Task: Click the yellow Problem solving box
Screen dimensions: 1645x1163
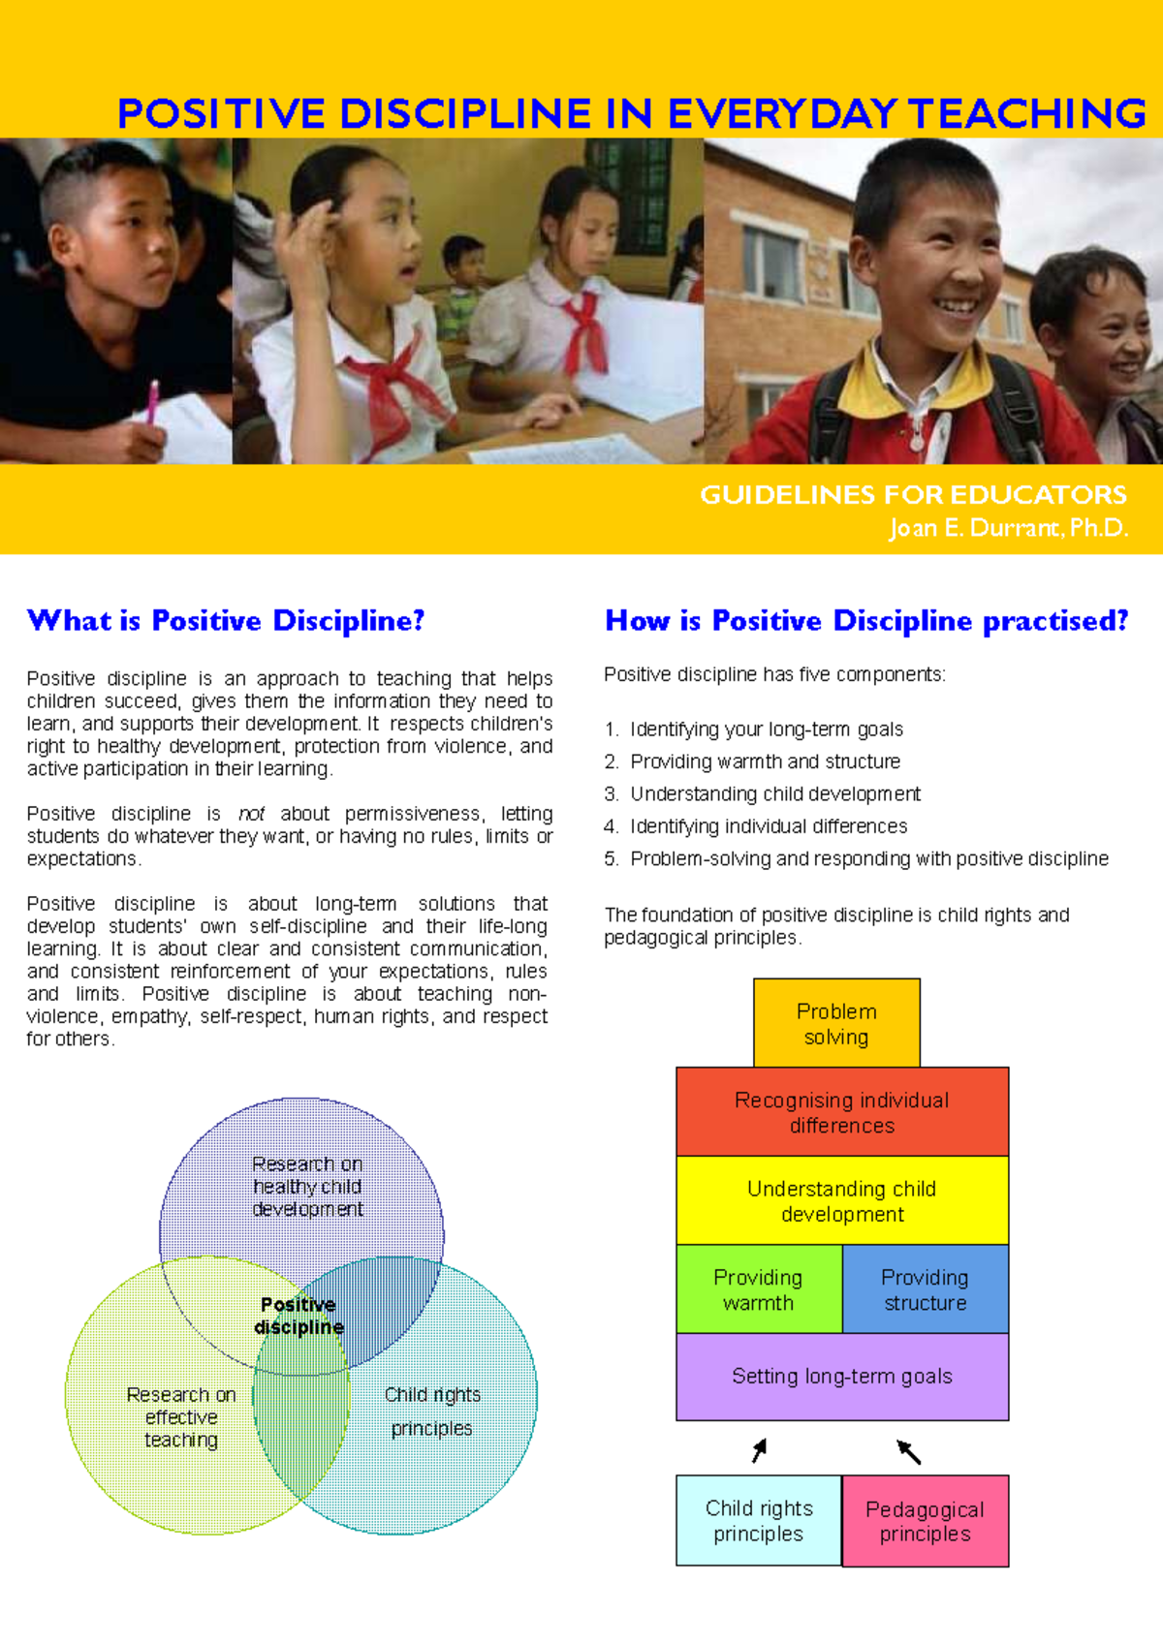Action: click(x=836, y=1023)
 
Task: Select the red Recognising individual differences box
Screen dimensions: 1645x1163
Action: click(x=841, y=1112)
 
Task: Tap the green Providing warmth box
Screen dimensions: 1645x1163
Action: click(x=758, y=1289)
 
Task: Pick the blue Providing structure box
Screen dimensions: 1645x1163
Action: click(x=925, y=1289)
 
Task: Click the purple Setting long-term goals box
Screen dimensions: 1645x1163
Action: click(x=841, y=1376)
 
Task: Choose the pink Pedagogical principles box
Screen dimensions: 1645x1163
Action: click(x=925, y=1521)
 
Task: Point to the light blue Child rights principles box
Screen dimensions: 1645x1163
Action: click(x=758, y=1521)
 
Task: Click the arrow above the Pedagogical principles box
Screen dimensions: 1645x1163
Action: click(x=908, y=1451)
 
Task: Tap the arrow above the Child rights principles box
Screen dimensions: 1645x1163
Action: click(x=760, y=1449)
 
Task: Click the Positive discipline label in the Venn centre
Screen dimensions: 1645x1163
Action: click(x=299, y=1316)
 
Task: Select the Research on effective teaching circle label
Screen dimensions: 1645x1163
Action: click(x=181, y=1417)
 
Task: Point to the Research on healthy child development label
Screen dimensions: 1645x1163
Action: click(x=307, y=1187)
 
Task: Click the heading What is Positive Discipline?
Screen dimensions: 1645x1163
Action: click(x=226, y=620)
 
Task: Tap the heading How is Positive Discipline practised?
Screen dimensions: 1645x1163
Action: click(x=866, y=620)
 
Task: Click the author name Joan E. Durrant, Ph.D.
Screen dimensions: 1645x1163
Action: click(x=1008, y=528)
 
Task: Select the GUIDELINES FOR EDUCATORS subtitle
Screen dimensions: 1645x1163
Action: click(x=913, y=495)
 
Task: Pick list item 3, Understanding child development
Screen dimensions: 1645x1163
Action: click(x=774, y=794)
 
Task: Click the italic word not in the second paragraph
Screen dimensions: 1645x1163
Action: click(x=251, y=814)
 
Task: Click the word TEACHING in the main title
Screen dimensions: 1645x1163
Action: click(x=1027, y=113)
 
